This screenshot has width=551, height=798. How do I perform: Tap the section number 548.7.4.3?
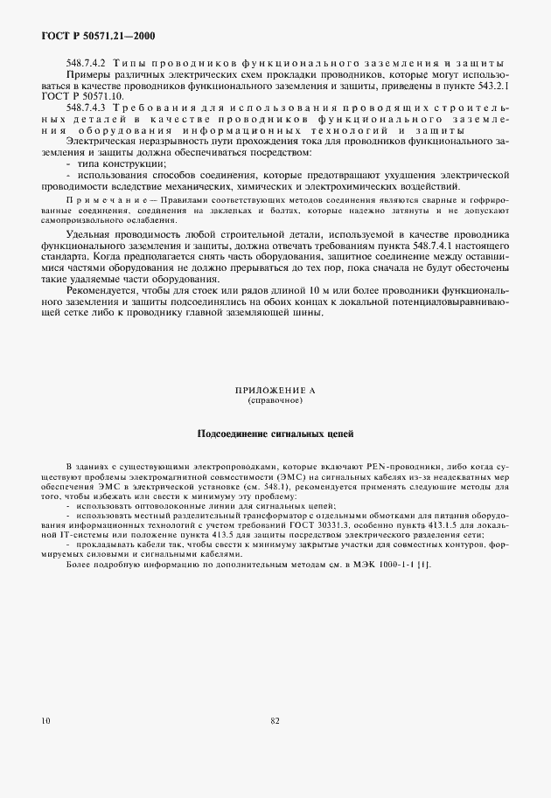[x=84, y=107]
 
